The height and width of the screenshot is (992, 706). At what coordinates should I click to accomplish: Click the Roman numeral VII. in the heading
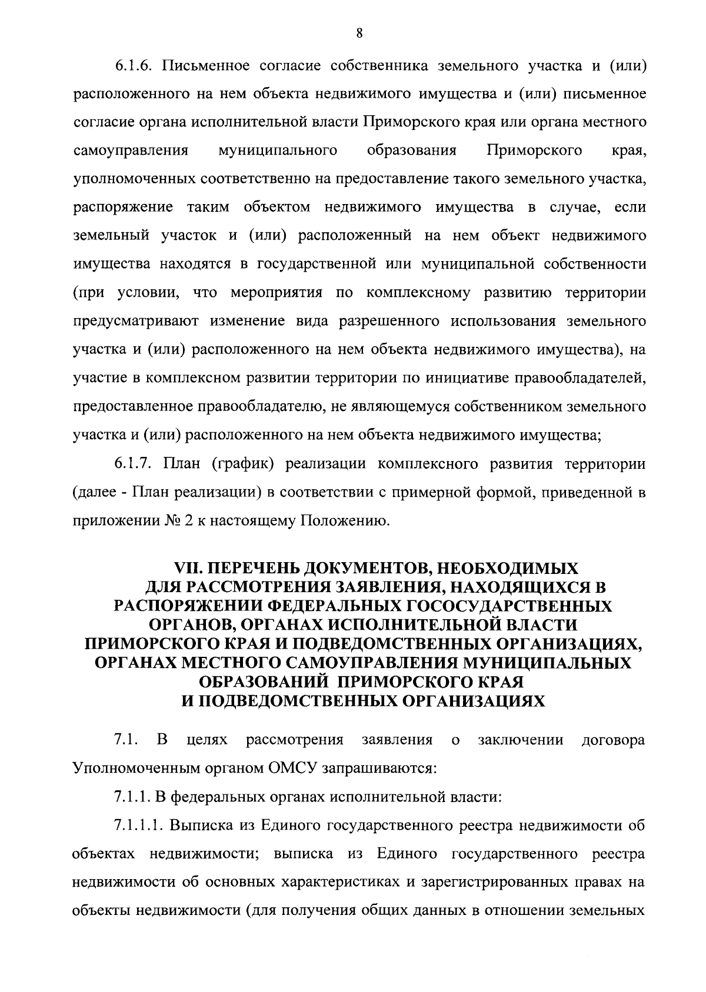click(190, 569)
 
